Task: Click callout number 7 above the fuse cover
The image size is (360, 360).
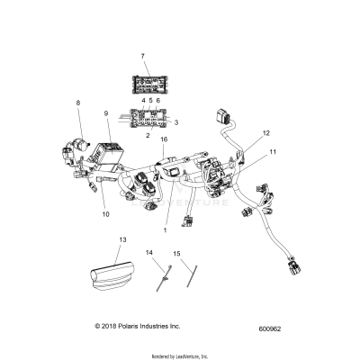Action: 142,56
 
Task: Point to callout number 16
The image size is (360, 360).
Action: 164,141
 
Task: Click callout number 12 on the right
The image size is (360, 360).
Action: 265,132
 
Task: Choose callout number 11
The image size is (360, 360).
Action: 273,154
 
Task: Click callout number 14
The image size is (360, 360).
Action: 148,253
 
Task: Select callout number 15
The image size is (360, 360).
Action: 177,255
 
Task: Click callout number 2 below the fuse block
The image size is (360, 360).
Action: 147,132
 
